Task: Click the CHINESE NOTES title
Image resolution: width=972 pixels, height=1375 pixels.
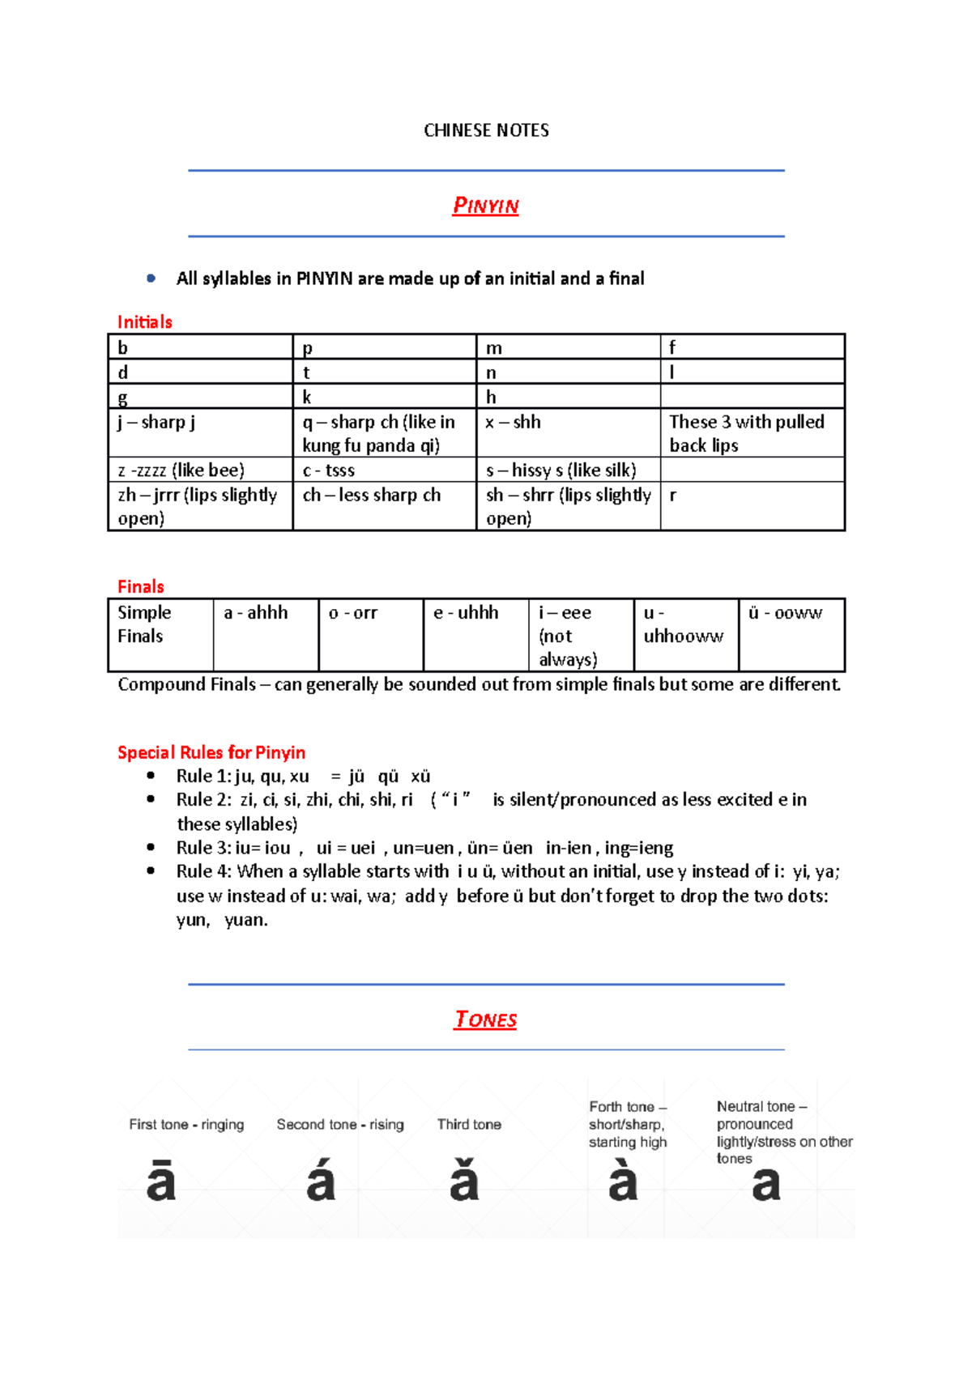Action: pyautogui.click(x=486, y=130)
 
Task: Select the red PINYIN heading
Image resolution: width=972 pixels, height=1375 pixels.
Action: pyautogui.click(x=485, y=206)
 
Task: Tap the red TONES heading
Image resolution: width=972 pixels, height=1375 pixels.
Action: pyautogui.click(x=485, y=1020)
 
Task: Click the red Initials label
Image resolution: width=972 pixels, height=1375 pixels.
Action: pyautogui.click(x=144, y=322)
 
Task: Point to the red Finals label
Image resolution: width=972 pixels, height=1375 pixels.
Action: pyautogui.click(x=140, y=586)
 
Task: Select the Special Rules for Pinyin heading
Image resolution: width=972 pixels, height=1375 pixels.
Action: pyautogui.click(x=211, y=752)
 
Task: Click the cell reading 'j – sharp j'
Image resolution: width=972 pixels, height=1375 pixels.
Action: pyautogui.click(x=200, y=432)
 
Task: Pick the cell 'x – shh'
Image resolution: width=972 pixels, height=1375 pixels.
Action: pyautogui.click(x=568, y=432)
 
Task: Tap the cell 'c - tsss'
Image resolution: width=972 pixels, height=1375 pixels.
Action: pyautogui.click(x=384, y=470)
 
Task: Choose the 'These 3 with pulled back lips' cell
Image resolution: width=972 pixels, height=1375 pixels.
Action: pyautogui.click(x=752, y=432)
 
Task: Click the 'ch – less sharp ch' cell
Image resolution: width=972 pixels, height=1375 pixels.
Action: pyautogui.click(x=384, y=506)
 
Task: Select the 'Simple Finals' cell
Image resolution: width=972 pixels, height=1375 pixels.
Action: pyautogui.click(x=160, y=635)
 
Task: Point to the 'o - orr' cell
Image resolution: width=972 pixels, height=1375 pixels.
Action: pyautogui.click(x=370, y=635)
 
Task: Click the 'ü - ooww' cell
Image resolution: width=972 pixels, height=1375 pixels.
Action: pyautogui.click(x=791, y=635)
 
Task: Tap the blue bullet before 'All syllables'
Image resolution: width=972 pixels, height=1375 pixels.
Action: pyautogui.click(x=151, y=278)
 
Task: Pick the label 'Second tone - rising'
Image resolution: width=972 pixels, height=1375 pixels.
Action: pyautogui.click(x=340, y=1124)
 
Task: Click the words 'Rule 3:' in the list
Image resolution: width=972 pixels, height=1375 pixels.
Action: pyautogui.click(x=204, y=848)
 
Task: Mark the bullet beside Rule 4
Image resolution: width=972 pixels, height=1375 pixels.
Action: pyautogui.click(x=151, y=871)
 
